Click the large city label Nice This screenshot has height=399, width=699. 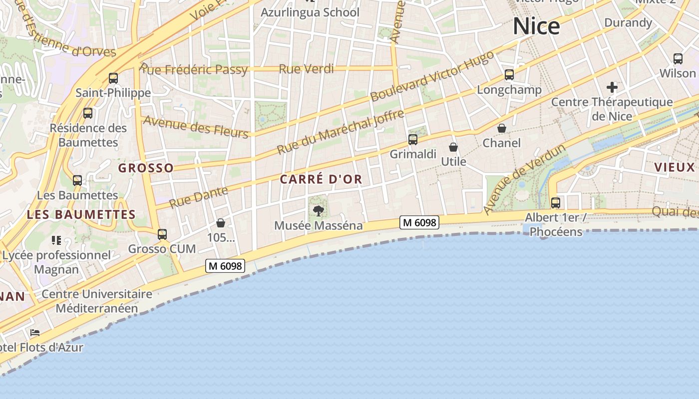pos(536,26)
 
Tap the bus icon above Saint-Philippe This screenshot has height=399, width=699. pos(113,78)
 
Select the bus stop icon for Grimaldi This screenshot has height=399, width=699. pos(413,140)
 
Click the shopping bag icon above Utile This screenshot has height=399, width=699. pos(453,147)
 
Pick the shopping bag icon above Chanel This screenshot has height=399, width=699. pos(502,129)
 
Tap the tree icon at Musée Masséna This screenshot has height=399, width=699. pos(318,210)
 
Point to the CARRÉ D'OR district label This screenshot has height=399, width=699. pos(321,180)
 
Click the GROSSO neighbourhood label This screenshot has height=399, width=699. pos(146,168)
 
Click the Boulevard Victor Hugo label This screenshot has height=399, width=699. pos(432,75)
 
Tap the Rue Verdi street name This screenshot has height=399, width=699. pos(306,69)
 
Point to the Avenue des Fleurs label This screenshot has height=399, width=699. pos(195,127)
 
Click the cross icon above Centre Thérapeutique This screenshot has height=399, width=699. pos(612,87)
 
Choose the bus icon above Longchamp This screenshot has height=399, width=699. pos(509,75)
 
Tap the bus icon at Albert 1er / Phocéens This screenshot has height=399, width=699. pos(555,203)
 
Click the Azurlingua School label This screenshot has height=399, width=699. pos(310,12)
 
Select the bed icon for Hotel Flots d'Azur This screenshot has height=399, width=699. pos(34,332)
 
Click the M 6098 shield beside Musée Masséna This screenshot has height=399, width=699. pos(419,222)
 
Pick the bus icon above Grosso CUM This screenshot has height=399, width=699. pos(162,234)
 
